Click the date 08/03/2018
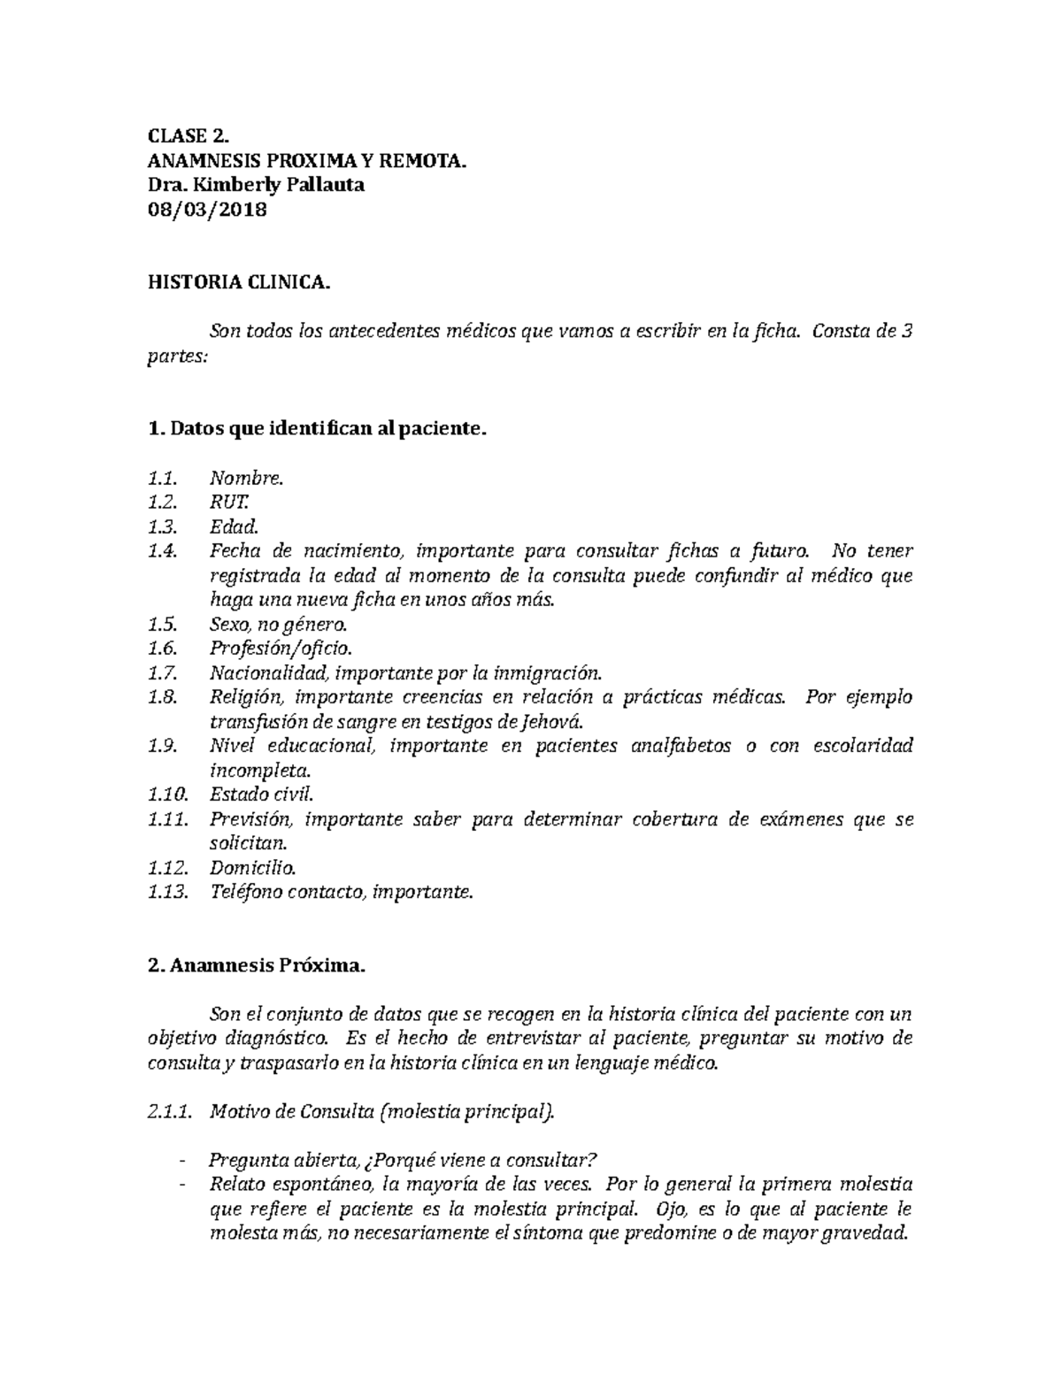pyautogui.click(x=206, y=210)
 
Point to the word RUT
pyautogui.click(x=225, y=503)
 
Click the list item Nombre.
pyautogui.click(x=246, y=479)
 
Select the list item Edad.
pyautogui.click(x=234, y=527)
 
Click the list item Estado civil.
pyautogui.click(x=261, y=794)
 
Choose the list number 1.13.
pyautogui.click(x=167, y=892)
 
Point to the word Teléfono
pyautogui.click(x=246, y=892)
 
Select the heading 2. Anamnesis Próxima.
pyautogui.click(x=256, y=966)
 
